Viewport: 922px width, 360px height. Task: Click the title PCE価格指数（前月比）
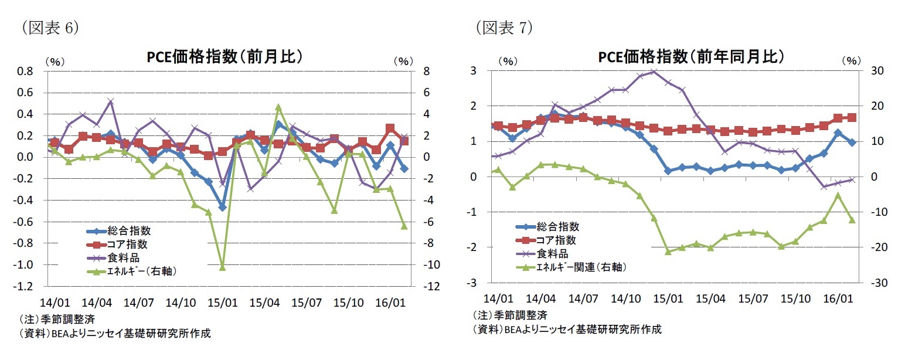click(x=224, y=56)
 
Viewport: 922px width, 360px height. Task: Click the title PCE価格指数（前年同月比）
click(x=690, y=56)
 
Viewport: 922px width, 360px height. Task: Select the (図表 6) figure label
click(x=49, y=28)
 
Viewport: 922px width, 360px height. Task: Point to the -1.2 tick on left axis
click(x=25, y=287)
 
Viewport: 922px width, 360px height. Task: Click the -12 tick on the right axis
click(x=432, y=287)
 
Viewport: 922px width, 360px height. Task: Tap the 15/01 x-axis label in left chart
click(x=223, y=303)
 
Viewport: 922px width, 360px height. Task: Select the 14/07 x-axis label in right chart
click(x=583, y=299)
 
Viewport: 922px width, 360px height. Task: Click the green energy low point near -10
click(x=222, y=267)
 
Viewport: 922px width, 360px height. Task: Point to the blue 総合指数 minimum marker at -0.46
click(x=222, y=207)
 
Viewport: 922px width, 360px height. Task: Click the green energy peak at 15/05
click(x=278, y=107)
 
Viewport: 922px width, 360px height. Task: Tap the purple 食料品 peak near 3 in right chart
click(x=654, y=72)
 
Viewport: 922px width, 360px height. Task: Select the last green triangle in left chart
click(x=404, y=226)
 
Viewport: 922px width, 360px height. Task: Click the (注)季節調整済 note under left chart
click(x=57, y=320)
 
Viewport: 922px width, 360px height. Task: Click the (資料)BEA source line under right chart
click(x=567, y=330)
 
